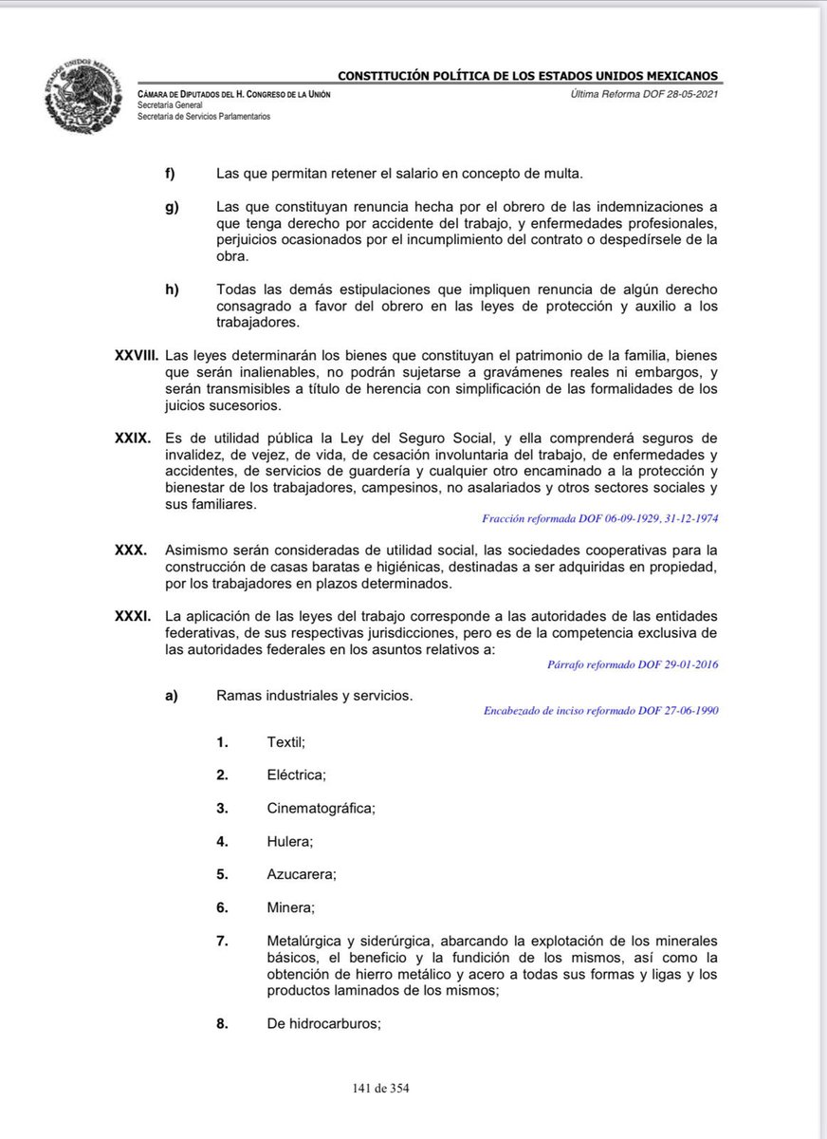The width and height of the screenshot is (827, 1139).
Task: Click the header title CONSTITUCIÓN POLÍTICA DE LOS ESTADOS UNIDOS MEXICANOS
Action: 528,76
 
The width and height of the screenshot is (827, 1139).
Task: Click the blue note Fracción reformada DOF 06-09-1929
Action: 599,520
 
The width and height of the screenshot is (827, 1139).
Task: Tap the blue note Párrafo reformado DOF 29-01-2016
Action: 633,664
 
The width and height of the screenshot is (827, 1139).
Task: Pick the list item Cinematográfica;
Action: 322,808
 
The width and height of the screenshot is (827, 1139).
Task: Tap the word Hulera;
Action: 290,841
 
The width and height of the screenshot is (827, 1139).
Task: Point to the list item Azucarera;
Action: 302,873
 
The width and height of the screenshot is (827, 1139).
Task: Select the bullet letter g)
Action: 172,207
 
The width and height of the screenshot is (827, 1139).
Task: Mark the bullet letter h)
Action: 171,289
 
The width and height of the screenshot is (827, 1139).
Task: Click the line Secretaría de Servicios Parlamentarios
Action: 204,116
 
